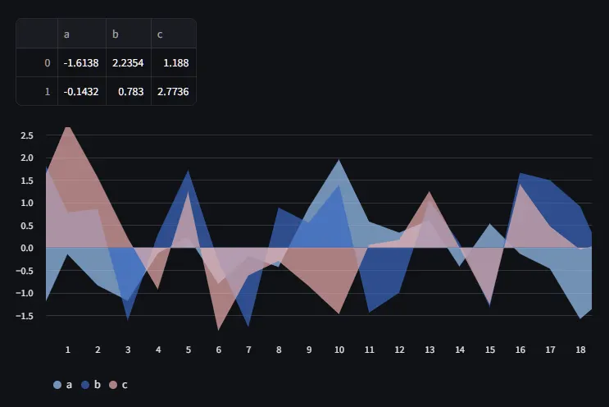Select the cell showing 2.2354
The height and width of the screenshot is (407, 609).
point(128,62)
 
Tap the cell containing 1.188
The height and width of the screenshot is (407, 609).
point(174,62)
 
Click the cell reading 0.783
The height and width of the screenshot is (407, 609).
point(128,92)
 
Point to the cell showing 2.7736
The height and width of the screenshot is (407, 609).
point(174,92)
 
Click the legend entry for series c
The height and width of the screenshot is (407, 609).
point(119,384)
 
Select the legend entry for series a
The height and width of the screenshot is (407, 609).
point(63,384)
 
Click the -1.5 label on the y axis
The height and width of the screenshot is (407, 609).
point(25,316)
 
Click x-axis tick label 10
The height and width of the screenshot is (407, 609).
point(339,350)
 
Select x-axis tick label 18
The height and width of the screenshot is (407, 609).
point(580,350)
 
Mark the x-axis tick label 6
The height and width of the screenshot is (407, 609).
point(218,350)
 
